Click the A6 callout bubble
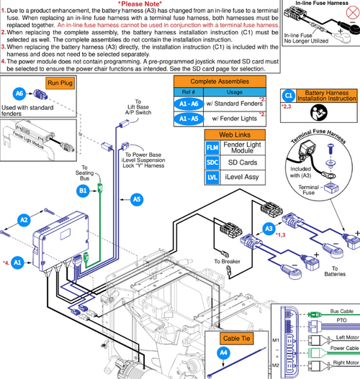[x=20, y=94]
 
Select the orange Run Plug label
[x=58, y=83]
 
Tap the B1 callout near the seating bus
[x=83, y=191]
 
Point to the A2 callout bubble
[x=24, y=219]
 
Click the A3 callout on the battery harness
[x=269, y=229]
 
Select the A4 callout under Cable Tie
[x=223, y=352]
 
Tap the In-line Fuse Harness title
[x=318, y=4]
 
